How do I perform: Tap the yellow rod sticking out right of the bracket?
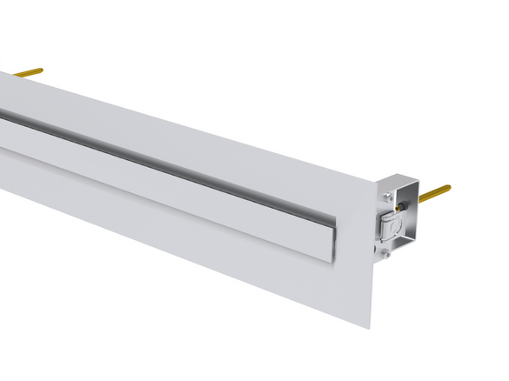(433, 194)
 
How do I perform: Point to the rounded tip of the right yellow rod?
(448, 187)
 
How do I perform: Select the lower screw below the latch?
(384, 254)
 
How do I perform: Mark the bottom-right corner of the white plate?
(371, 327)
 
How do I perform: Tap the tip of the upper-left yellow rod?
(40, 70)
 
